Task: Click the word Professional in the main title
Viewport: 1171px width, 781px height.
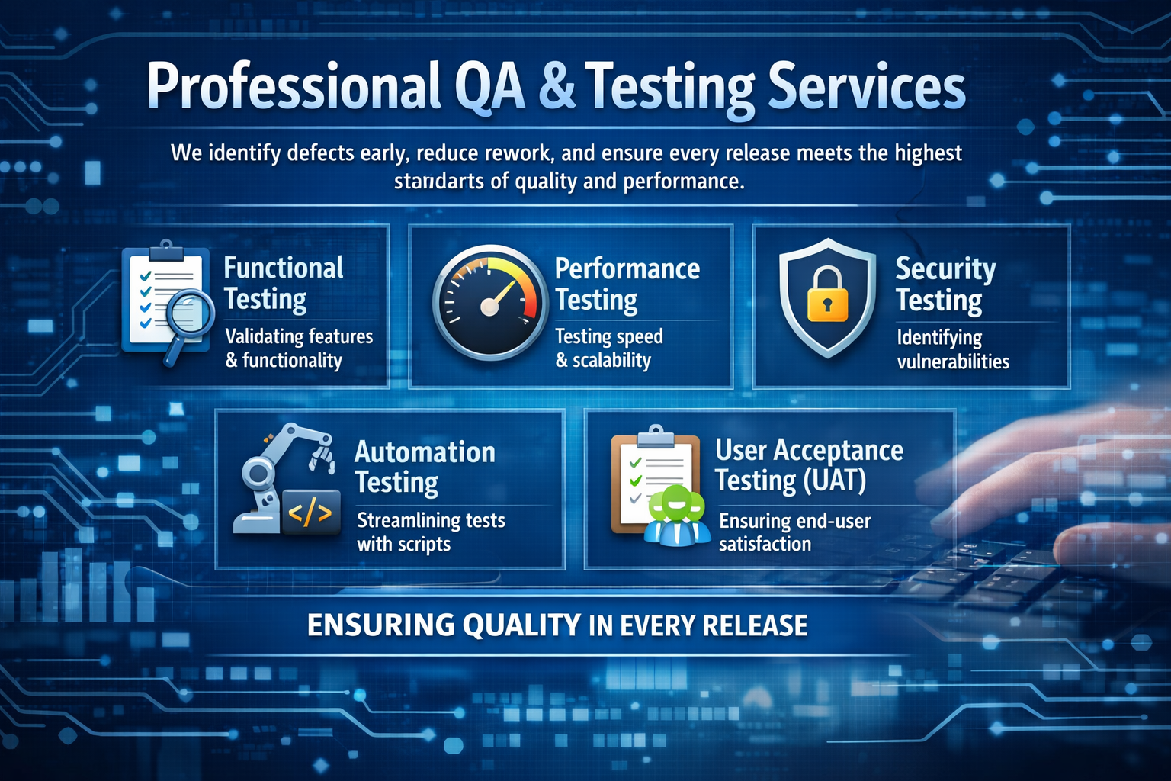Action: tap(294, 86)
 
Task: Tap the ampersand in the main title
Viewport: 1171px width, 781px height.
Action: tap(557, 86)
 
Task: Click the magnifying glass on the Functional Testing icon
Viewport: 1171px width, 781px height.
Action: tap(188, 313)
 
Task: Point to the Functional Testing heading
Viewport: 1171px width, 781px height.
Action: tap(283, 283)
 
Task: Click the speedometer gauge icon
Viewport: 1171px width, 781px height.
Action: tap(490, 302)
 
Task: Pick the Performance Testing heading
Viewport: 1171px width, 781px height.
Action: tap(627, 284)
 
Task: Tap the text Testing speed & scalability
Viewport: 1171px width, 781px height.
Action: tap(608, 348)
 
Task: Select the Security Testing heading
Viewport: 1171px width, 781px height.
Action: tap(945, 284)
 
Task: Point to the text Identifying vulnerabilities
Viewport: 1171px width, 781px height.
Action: tap(952, 349)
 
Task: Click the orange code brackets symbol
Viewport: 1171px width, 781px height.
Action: tap(310, 513)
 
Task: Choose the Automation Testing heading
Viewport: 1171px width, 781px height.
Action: tap(425, 467)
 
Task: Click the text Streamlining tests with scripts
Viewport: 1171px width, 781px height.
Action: tap(431, 532)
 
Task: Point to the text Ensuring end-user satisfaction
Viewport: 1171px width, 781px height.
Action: tap(794, 532)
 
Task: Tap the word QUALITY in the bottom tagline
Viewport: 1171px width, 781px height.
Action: tap(521, 625)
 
